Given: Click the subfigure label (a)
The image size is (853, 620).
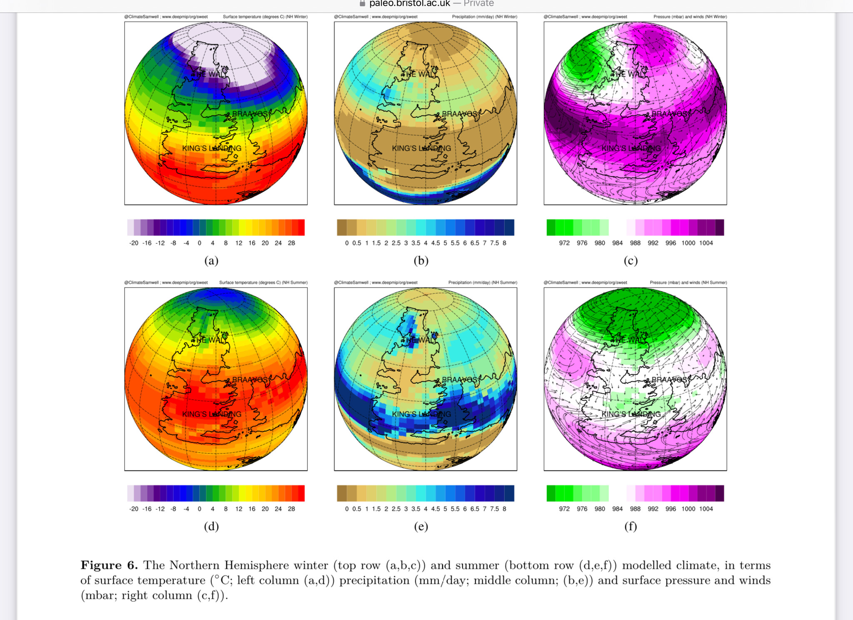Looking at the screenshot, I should point(211,261).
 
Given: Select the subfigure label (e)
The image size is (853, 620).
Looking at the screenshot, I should point(421,527).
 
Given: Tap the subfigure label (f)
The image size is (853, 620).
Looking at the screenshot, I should point(631,527).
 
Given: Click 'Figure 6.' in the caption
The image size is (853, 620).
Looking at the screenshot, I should point(109,565).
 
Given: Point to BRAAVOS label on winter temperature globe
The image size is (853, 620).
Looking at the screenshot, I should point(250,114).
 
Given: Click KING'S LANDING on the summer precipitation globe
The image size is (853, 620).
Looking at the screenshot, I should point(422,414).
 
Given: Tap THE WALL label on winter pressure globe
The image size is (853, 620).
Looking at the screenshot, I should point(629,74).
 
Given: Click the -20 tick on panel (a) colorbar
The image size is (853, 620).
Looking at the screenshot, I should point(134,243).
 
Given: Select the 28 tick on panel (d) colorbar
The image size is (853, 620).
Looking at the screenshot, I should point(292,509).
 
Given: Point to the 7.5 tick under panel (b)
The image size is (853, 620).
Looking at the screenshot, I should point(494,243).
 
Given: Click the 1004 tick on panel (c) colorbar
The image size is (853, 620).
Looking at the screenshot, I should point(706,243).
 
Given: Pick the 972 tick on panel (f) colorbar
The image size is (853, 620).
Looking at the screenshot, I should point(564,509).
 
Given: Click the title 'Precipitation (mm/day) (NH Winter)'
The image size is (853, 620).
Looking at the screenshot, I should point(484,17).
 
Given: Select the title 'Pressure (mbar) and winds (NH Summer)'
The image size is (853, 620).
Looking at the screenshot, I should point(688,282).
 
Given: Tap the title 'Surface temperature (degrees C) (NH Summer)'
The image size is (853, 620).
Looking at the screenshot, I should point(263,282).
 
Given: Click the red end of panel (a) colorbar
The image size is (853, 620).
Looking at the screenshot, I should point(301,227).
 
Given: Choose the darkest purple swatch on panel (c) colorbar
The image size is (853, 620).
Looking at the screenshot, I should point(720,227).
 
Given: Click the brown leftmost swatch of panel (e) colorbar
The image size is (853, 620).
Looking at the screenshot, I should point(342,493).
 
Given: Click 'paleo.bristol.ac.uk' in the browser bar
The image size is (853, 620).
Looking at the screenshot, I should point(409,4).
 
